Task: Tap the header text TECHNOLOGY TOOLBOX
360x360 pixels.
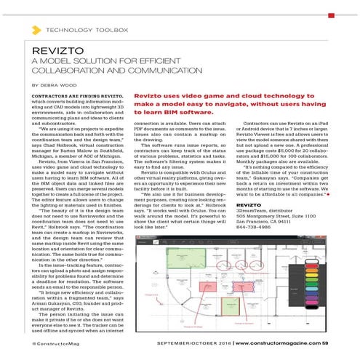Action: click(87, 30)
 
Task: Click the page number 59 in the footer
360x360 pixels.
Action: click(324, 343)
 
